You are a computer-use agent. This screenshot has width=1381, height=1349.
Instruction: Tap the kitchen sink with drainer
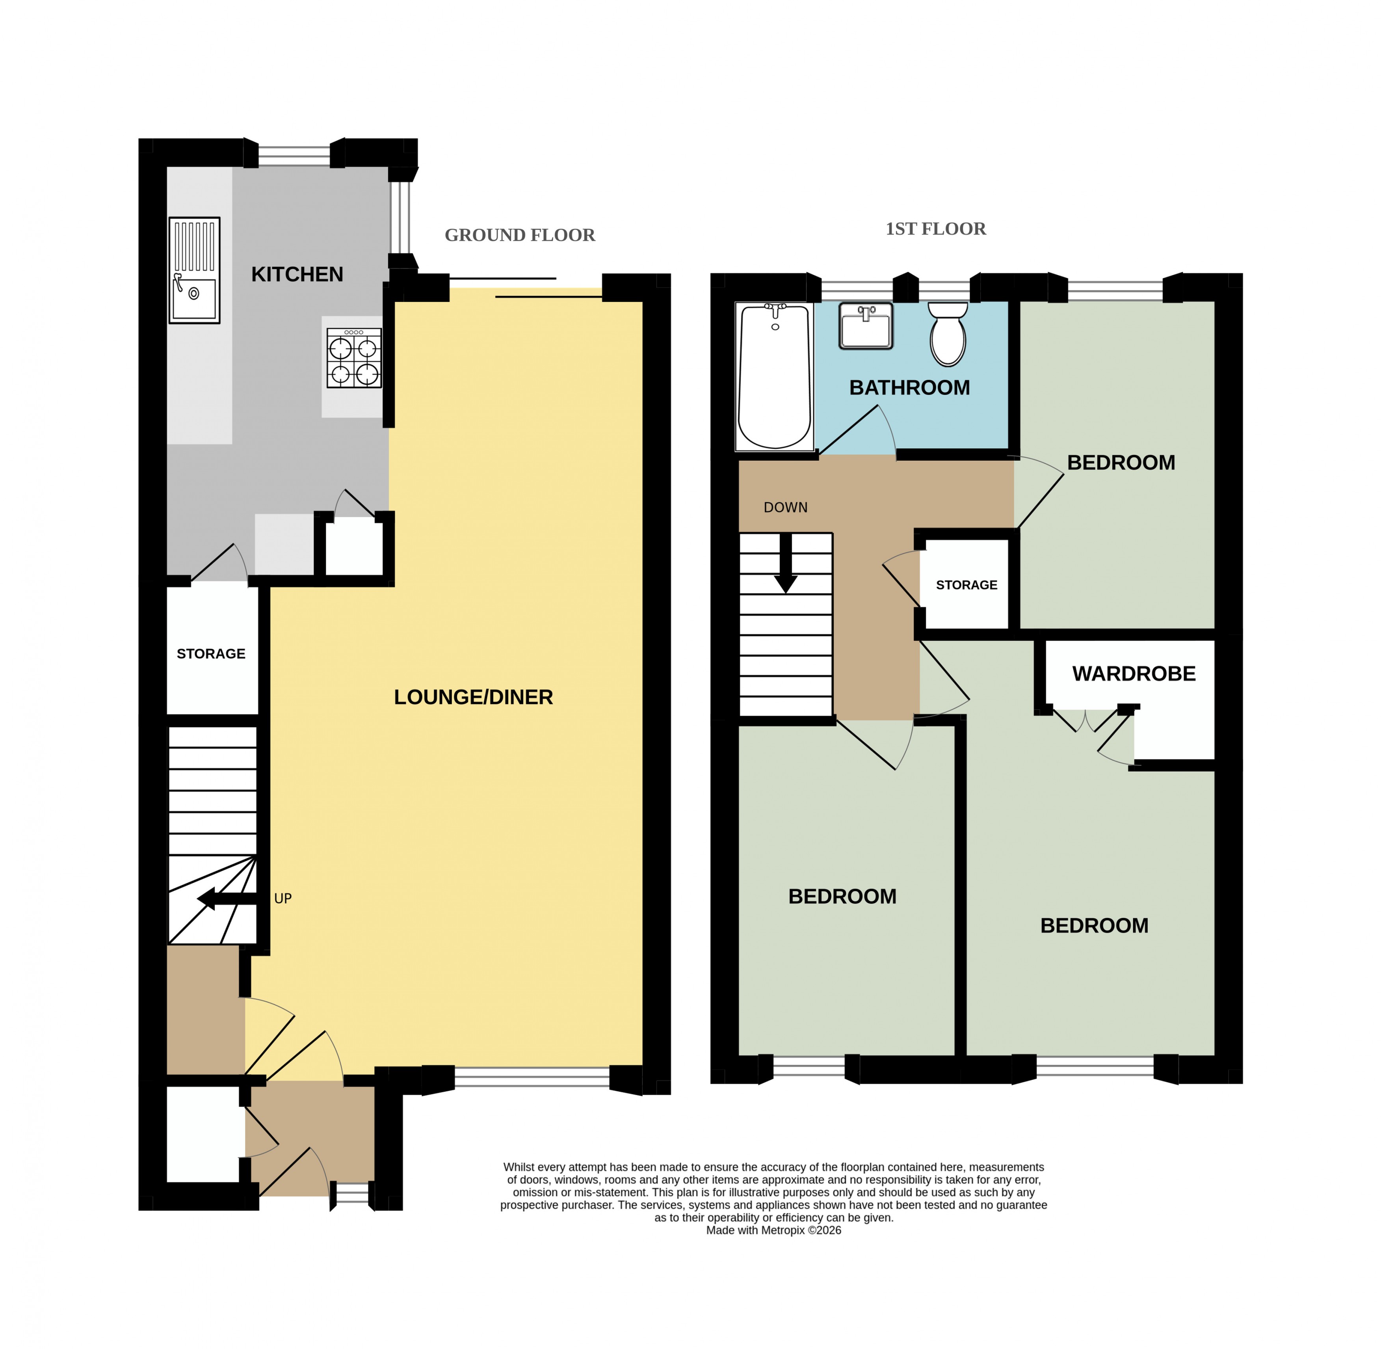click(194, 270)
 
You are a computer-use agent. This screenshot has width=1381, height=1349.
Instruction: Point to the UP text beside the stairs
click(283, 899)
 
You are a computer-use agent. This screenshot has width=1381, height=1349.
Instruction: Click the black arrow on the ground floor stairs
click(227, 899)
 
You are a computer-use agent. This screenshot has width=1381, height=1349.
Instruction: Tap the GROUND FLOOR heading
click(520, 235)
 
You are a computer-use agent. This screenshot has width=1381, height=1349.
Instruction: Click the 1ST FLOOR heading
click(935, 229)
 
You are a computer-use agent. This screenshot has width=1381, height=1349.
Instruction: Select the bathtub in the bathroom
click(774, 376)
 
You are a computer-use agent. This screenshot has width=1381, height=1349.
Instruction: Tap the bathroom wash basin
click(865, 326)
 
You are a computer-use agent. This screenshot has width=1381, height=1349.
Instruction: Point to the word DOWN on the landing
click(785, 507)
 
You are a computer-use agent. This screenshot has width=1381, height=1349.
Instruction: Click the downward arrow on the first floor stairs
click(785, 563)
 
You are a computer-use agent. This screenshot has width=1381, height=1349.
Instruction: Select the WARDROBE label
click(1134, 674)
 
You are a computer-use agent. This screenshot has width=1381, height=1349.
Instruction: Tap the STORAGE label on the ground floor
click(211, 653)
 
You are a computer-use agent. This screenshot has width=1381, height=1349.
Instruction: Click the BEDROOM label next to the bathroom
click(1121, 463)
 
